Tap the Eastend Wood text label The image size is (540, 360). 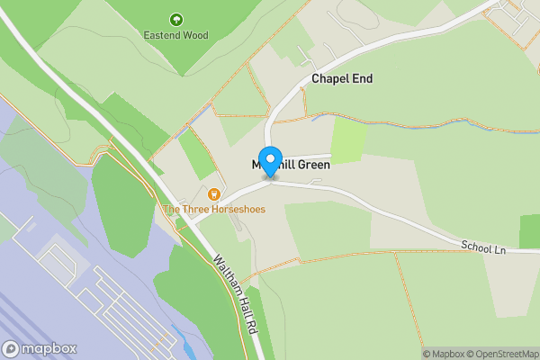[176, 36]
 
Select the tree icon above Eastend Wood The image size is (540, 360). [176, 19]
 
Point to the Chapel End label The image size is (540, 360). [342, 79]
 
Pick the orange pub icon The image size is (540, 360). [214, 193]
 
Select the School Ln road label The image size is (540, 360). [483, 246]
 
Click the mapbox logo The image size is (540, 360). [39, 348]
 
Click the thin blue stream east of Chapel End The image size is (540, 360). [360, 117]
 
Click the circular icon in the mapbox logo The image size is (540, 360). [11, 348]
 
